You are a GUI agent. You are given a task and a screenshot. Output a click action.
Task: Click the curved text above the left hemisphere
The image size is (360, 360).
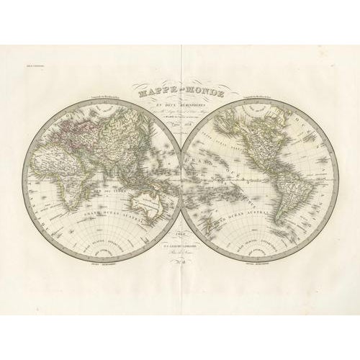tap(94, 98)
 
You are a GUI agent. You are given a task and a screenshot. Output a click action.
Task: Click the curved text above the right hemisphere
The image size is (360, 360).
tap(267, 98)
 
